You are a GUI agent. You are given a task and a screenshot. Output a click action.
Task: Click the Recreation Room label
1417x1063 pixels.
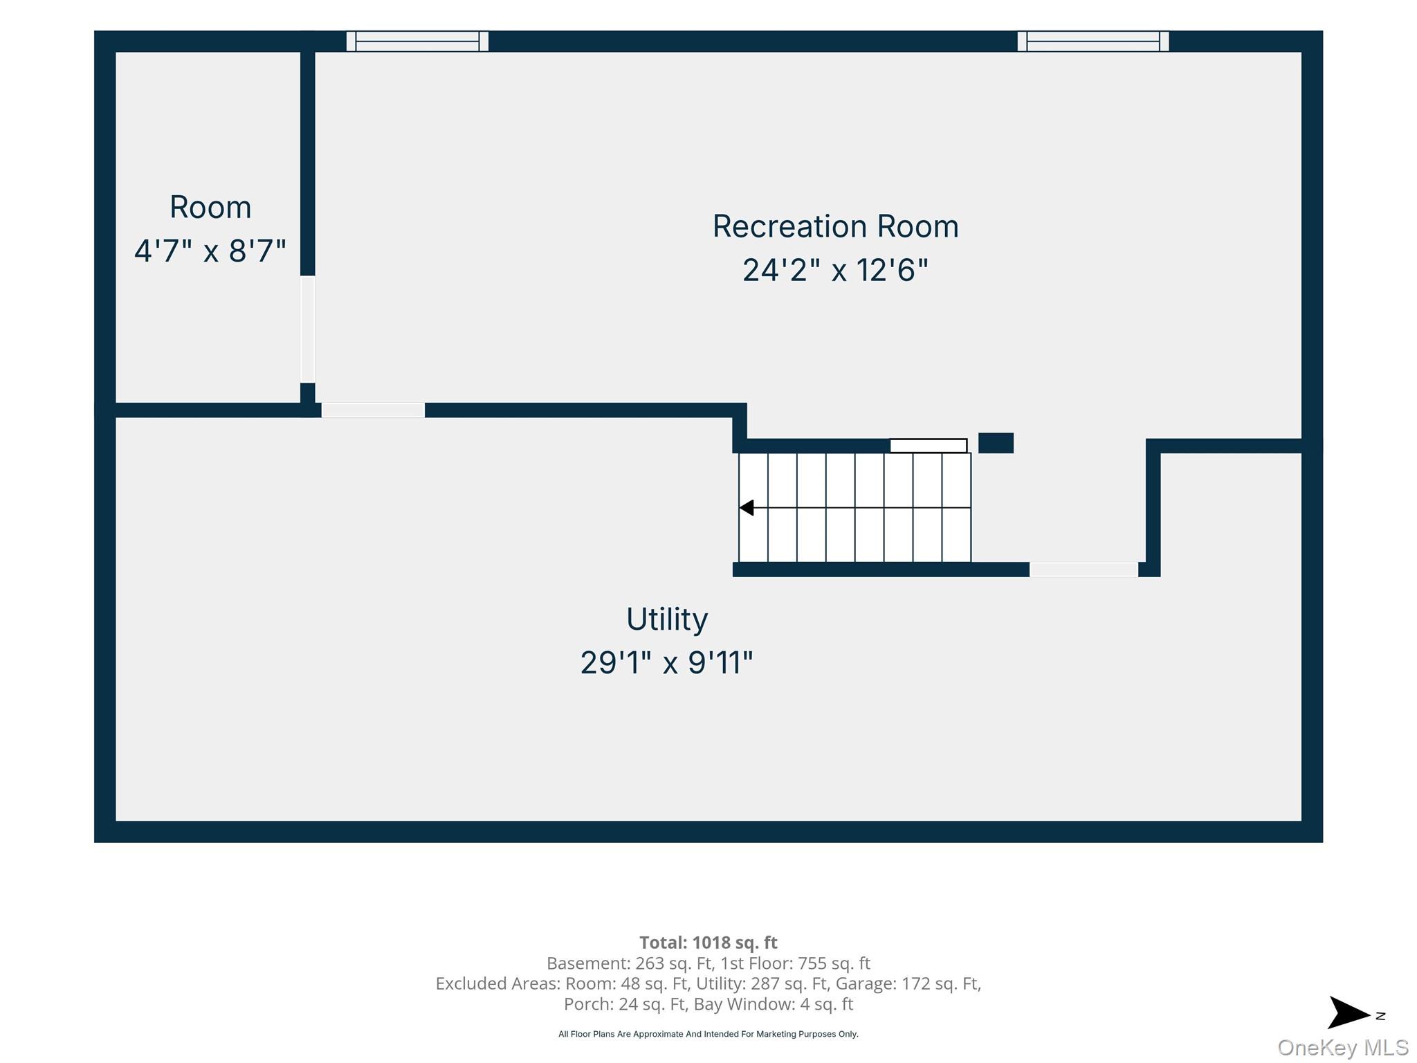pos(836,226)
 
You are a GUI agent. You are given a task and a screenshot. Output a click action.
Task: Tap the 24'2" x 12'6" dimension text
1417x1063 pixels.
pos(835,270)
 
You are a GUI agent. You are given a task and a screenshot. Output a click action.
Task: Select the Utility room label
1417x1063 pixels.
pos(667,619)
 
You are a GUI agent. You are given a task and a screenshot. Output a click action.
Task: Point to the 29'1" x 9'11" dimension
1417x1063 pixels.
pos(666,662)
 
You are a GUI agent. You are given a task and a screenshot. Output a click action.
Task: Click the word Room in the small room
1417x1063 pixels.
pos(210,208)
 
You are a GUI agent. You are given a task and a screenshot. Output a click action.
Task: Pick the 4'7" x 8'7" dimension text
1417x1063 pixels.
pos(210,251)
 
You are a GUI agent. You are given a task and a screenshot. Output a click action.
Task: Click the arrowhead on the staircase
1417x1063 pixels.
pos(746,508)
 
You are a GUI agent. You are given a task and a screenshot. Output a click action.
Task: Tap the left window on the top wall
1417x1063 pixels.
pos(417,42)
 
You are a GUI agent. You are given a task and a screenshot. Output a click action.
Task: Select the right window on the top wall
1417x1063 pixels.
pos(1093,42)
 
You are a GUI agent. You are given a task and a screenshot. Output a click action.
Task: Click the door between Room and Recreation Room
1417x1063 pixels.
pos(308,329)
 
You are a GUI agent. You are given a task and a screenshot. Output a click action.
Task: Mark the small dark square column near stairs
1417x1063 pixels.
pos(996,443)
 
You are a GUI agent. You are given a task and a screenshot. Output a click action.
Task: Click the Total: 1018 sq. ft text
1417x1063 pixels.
pos(708,943)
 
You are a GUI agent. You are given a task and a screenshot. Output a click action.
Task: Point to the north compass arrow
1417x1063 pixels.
pos(1349,1013)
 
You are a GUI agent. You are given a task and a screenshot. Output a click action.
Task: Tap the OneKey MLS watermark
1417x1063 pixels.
pos(1343,1047)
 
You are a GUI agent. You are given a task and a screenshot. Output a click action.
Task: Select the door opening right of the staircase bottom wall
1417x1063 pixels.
pos(1084,570)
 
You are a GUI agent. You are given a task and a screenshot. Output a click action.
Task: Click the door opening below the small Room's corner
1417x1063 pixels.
pos(373,410)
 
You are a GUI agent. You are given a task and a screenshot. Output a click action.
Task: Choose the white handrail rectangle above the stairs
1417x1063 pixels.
pos(929,446)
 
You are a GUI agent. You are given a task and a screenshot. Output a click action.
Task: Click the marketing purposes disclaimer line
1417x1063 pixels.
pos(708,1034)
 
